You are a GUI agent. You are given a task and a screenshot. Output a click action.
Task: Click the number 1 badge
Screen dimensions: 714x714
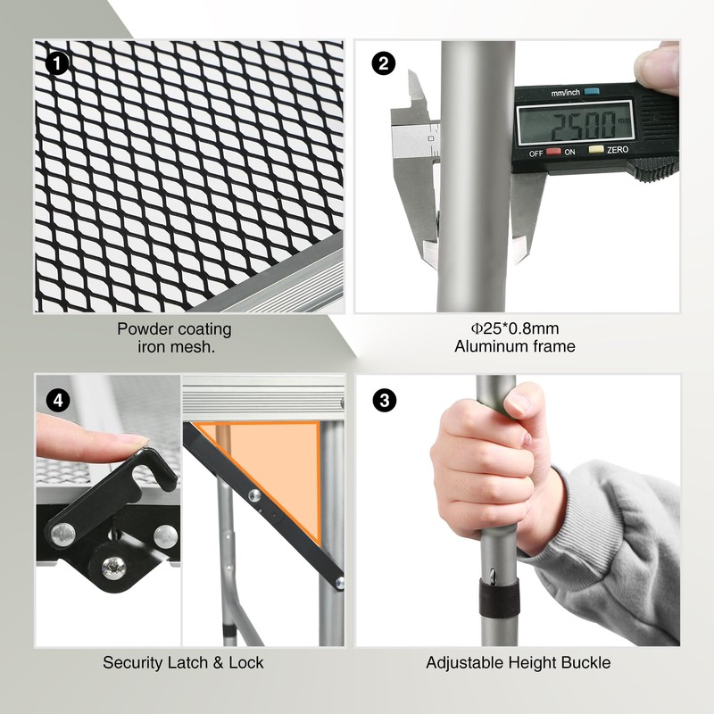57,63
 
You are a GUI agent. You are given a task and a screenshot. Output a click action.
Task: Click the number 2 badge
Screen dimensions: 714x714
384,63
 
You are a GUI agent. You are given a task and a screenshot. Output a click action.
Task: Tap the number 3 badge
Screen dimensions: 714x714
385,400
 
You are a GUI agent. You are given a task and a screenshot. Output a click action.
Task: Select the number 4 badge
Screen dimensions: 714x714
58,400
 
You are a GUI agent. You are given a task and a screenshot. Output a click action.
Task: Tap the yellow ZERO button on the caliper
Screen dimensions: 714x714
596,149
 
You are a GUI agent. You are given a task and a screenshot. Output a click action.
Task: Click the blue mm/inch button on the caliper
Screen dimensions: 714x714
591,92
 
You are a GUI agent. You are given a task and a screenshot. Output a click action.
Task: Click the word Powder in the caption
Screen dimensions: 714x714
142,328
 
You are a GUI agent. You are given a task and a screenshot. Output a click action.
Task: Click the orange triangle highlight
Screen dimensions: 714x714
277,463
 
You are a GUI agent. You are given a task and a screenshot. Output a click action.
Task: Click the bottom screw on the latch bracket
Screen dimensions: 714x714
112,568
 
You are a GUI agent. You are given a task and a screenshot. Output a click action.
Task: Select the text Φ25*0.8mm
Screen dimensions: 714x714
515,328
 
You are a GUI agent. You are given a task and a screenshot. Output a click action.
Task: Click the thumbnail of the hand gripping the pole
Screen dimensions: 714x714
519,403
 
